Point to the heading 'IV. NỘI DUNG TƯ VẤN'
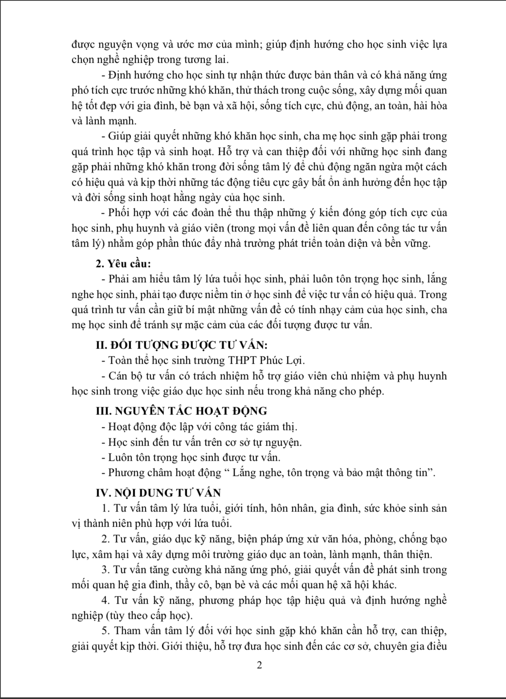coord(159,492)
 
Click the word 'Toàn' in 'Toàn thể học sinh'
coord(119,360)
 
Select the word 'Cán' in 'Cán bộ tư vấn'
coord(117,376)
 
